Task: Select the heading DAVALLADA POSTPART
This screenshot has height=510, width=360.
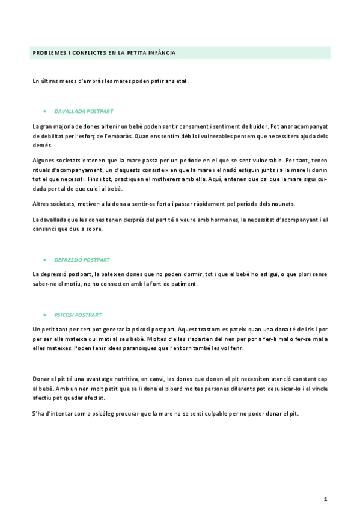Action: click(84, 111)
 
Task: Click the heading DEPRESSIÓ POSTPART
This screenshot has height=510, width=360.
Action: click(82, 260)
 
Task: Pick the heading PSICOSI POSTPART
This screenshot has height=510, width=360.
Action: click(78, 315)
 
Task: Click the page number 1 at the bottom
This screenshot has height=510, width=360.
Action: click(325, 499)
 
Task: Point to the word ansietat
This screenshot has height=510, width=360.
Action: click(176, 81)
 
